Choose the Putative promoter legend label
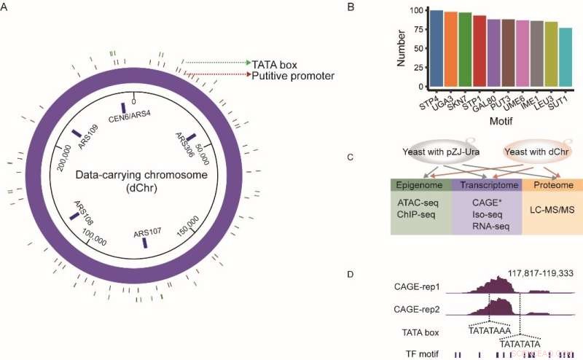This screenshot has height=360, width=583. [292, 75]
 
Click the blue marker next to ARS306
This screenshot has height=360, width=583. [191, 138]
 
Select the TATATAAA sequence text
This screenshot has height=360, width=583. [490, 330]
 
